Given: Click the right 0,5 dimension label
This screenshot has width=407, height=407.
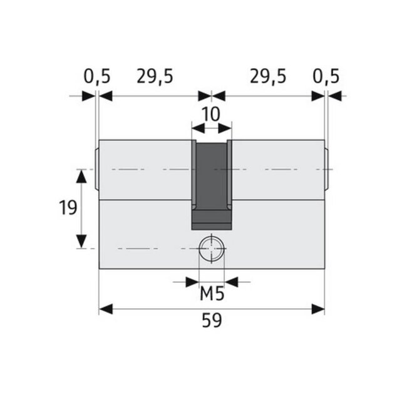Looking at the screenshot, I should click(x=326, y=76).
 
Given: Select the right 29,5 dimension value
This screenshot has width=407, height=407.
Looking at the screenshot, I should click(x=267, y=76).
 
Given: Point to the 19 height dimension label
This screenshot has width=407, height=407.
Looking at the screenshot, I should click(x=68, y=208).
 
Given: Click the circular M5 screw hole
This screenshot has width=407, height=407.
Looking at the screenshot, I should click(x=212, y=250).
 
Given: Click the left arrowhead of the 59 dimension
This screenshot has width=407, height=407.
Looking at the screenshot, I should click(x=106, y=309).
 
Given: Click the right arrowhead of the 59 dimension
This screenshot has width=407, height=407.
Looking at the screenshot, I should click(x=318, y=309).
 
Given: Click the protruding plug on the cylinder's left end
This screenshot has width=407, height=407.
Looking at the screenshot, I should click(x=96, y=169).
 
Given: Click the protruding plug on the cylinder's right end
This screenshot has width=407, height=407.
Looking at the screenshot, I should click(x=327, y=169).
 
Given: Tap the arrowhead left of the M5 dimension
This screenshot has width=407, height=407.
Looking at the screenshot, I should click(x=192, y=281).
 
